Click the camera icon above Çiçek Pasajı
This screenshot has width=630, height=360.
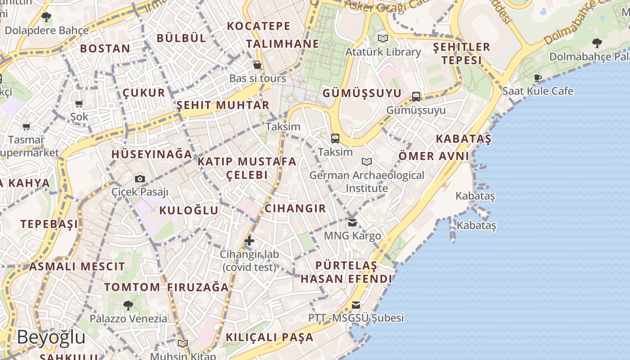pos(140,179)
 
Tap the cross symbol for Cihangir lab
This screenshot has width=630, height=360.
pos(249,241)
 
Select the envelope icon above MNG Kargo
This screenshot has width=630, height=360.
pos(352,222)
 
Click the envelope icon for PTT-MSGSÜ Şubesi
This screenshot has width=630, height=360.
pos(356,305)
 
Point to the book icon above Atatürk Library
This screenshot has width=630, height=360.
pos(383,39)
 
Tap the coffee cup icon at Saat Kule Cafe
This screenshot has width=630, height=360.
pos(538,78)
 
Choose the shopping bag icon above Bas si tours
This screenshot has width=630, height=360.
pos(257,65)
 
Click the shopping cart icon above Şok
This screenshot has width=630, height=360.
pos(79,104)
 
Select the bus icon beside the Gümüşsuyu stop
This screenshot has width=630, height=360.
pos(416,96)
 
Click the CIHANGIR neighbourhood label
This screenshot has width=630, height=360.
pos(295,208)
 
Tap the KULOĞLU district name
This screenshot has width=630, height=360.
pos(189,210)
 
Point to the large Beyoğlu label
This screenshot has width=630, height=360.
pos(51,337)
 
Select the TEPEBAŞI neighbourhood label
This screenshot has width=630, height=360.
pos(49,224)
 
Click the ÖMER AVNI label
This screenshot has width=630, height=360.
pos(434,156)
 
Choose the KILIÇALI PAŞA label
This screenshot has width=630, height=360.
pos(269,337)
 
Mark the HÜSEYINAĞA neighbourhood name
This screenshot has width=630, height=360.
pos(152,154)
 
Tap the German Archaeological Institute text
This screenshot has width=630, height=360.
pos(367,181)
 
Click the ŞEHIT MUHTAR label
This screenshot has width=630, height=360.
pos(223,105)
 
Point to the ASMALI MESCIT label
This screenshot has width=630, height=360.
pos(77,266)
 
